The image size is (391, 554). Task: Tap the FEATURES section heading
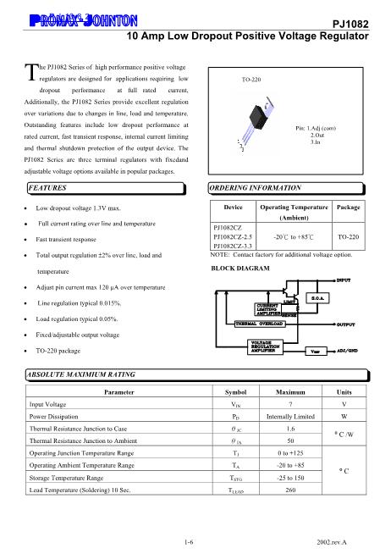[x=48, y=186]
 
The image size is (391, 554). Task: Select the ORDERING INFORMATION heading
[x=255, y=186]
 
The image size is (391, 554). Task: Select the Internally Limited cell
[x=291, y=418]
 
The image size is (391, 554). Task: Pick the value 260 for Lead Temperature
[x=291, y=490]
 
